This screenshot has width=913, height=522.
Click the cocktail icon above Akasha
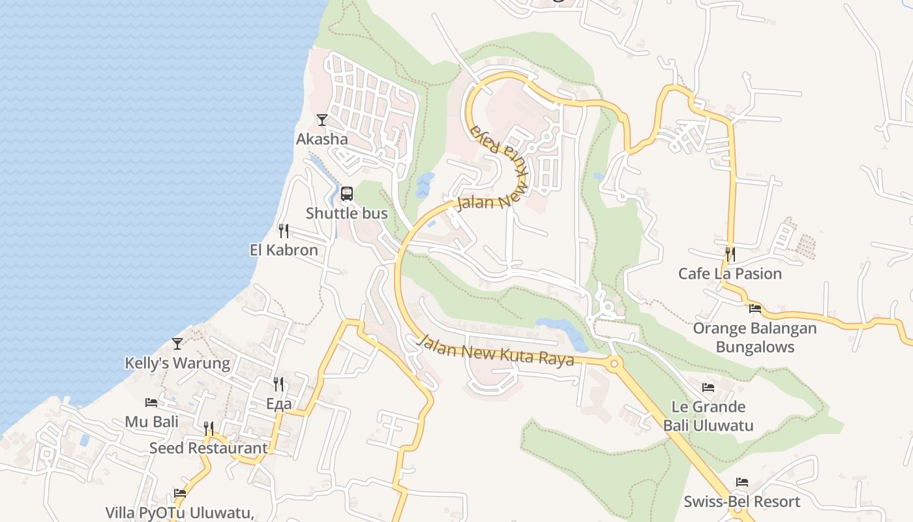coord(322,119)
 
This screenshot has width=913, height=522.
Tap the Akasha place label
coord(322,139)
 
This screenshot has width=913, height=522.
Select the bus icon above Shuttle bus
coord(347,194)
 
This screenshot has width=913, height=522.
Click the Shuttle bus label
coord(347,213)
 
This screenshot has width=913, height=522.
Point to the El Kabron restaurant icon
coord(284,230)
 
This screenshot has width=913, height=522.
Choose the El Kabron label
coord(284,250)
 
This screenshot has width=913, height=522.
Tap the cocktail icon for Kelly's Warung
coord(177,343)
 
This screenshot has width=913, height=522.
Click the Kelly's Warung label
coord(177,363)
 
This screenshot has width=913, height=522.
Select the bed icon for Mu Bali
coord(151,403)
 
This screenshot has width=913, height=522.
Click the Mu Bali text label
coord(151,422)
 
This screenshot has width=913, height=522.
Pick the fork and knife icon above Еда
coord(278,384)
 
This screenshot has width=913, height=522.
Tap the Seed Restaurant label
coord(208,448)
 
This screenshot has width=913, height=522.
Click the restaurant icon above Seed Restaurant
coord(209,428)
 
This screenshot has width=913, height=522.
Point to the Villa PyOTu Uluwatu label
coord(180,512)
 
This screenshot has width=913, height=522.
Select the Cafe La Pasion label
coord(730,273)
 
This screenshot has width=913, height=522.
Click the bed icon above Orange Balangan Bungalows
coord(755,309)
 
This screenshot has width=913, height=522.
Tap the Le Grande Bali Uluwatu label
coord(708,416)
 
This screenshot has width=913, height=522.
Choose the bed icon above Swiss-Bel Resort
coord(742,482)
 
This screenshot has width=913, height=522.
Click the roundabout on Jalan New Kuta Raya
coord(613,363)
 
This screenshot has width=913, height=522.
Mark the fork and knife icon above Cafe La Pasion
coord(730,254)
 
